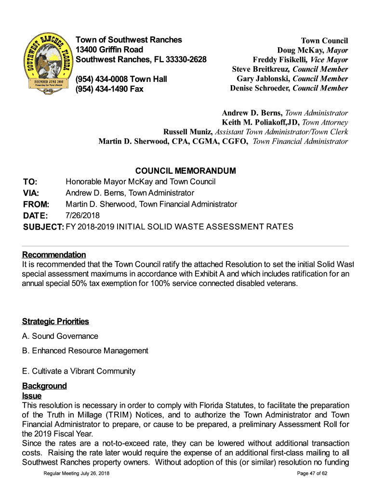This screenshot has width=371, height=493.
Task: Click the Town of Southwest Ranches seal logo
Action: pyautogui.click(x=47, y=64)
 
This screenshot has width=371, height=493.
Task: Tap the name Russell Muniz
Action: pyautogui.click(x=188, y=132)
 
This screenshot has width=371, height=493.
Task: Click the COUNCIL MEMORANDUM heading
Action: pyautogui.click(x=185, y=171)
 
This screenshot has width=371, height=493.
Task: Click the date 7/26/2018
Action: pyautogui.click(x=82, y=215)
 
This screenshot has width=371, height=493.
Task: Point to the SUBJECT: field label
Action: pyautogui.click(x=43, y=227)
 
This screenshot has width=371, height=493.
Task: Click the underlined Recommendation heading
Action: pyautogui.click(x=54, y=255)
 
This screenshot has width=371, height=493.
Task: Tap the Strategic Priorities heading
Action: pyautogui.click(x=55, y=321)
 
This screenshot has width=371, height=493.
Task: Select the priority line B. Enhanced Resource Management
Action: pyautogui.click(x=85, y=351)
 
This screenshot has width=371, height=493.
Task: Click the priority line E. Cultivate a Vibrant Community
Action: pyautogui.click(x=79, y=371)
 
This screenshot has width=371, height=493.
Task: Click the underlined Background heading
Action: pyautogui.click(x=44, y=386)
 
